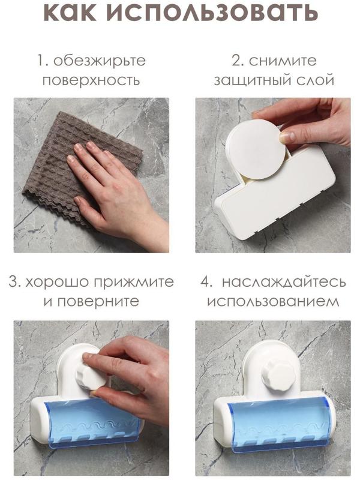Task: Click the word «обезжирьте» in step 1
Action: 100,61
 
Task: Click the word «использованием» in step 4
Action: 273,301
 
